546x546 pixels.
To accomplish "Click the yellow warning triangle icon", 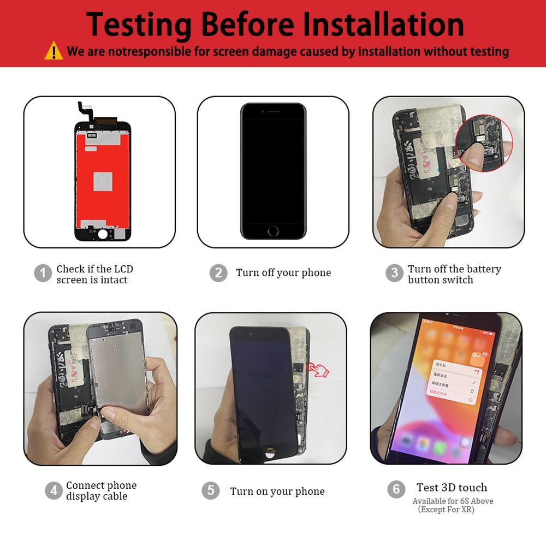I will (x=54, y=51).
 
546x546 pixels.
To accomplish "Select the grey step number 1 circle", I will (x=43, y=273).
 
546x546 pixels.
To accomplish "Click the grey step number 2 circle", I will (x=218, y=272).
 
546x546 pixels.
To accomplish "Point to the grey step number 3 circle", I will (x=394, y=273).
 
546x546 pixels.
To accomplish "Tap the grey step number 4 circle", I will (x=53, y=490).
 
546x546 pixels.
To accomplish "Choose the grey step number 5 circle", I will (x=210, y=490).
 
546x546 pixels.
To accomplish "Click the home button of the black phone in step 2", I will (x=273, y=231).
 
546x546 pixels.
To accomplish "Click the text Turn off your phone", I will (x=283, y=273).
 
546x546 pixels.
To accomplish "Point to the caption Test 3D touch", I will (x=452, y=488).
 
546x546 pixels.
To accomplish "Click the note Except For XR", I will (x=447, y=510).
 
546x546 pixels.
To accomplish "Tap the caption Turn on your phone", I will (x=277, y=491).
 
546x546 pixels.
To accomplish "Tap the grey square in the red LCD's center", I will (x=103, y=181).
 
